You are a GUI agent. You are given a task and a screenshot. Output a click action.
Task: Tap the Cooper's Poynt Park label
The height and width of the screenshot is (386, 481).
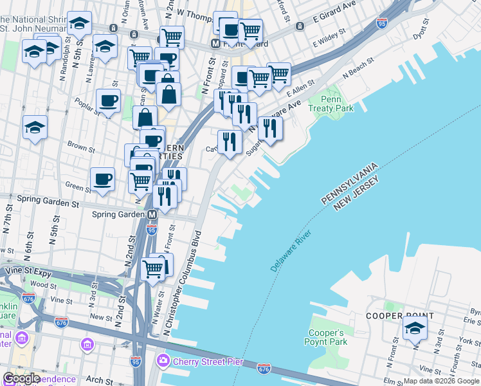point(328,337)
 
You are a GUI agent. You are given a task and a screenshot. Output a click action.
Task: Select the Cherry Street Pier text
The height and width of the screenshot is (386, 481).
point(208,362)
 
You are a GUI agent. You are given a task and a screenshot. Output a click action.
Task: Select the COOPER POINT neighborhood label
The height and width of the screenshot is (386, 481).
point(399,317)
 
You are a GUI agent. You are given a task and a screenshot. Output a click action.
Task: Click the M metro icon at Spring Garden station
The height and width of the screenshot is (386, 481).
point(152,214)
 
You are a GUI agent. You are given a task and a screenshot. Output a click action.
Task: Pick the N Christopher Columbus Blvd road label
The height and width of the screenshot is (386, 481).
point(183,282)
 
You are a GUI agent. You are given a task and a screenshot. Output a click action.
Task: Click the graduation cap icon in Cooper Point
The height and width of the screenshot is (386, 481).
point(415,329)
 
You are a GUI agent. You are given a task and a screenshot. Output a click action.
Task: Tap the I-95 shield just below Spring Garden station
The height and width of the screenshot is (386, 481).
point(152,229)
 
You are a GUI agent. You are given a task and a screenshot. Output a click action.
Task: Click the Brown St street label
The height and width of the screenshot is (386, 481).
point(81,148)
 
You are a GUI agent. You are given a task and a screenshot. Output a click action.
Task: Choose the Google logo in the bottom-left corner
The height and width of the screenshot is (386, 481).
point(21,378)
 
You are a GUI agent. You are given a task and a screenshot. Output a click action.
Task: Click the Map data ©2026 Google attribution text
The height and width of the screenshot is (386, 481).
point(441,381)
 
